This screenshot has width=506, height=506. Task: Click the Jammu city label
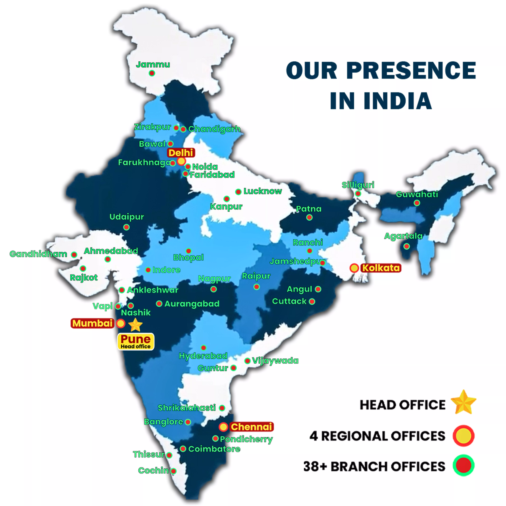coord(153,64)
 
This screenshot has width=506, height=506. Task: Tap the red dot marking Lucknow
coord(238,192)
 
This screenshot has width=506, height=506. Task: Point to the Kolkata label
coord(381,268)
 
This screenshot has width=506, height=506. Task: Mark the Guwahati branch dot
coord(417,203)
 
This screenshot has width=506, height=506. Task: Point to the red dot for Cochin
coord(173,471)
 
